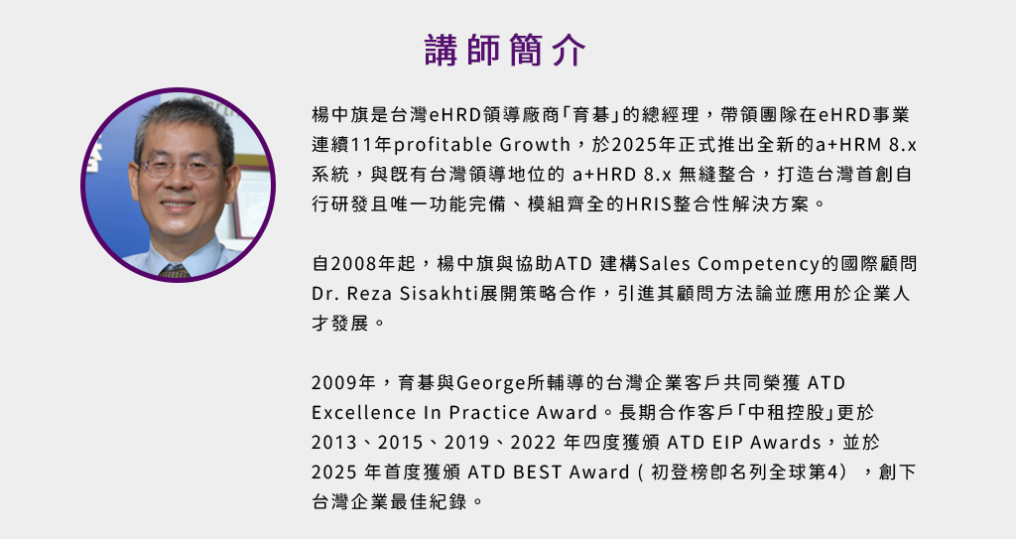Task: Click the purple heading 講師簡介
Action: coord(505,50)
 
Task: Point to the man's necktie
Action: coord(174,271)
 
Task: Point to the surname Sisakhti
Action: coord(438,294)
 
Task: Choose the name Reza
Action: coord(369,294)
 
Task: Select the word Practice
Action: coord(489,413)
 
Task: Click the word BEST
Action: coord(538,473)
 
